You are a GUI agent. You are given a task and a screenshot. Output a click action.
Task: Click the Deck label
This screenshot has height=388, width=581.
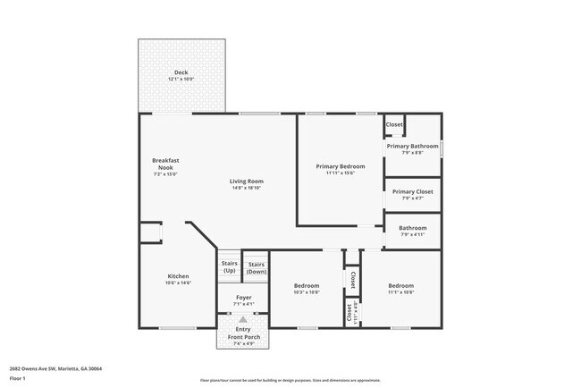(181, 73)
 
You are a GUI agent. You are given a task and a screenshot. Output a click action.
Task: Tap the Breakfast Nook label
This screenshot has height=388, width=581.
(165, 164)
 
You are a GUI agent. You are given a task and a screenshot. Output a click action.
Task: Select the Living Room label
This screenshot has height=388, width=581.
(247, 181)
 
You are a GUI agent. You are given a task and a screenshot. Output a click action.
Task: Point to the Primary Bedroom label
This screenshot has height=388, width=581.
(341, 166)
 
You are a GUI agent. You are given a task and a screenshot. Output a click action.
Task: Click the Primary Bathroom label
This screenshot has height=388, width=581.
(412, 146)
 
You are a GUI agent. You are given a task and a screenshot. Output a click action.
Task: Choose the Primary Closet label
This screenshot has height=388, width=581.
(412, 191)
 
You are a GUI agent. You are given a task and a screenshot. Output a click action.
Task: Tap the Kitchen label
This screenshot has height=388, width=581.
(179, 276)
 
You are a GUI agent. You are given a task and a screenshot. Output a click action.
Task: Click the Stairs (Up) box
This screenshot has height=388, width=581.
(229, 266)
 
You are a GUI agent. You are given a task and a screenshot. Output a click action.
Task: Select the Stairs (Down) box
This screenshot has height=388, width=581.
(256, 266)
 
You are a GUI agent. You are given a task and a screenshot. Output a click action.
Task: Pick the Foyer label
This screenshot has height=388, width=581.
(243, 297)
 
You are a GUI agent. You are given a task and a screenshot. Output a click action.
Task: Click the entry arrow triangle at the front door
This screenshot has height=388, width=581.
(243, 318)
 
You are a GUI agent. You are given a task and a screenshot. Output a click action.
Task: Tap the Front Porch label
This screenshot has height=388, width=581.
(243, 336)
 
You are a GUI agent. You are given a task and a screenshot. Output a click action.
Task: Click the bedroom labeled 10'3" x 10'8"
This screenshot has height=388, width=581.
(307, 286)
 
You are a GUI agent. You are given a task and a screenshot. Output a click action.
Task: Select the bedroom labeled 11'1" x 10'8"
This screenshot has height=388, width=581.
(400, 286)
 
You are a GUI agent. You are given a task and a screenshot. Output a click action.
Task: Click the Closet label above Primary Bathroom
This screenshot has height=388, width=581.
(394, 124)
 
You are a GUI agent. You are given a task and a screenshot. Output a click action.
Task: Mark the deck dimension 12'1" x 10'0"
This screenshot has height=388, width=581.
(181, 80)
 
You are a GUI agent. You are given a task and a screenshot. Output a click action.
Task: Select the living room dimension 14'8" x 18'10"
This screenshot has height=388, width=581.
(247, 188)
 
